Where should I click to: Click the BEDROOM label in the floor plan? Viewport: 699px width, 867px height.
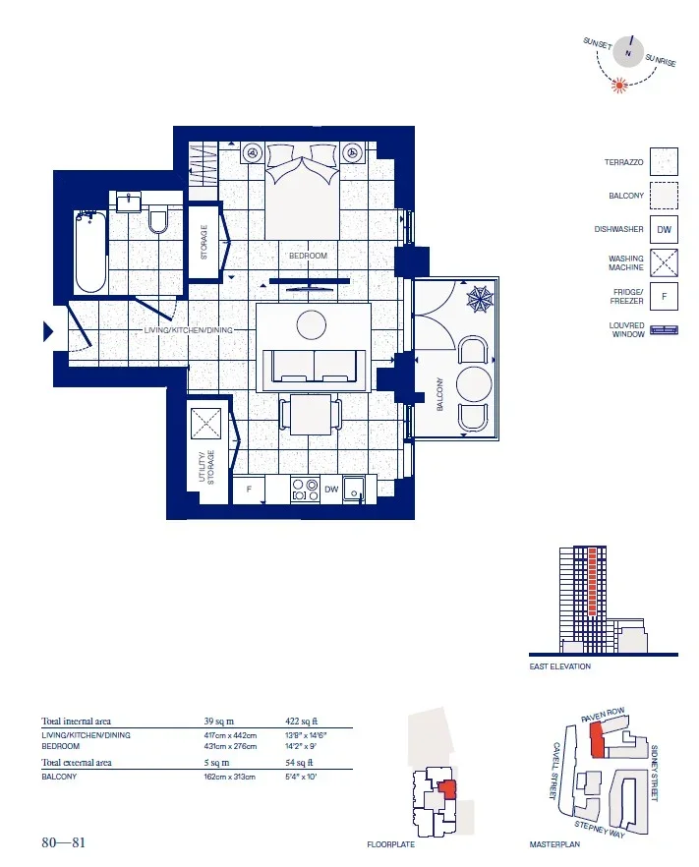click(x=308, y=256)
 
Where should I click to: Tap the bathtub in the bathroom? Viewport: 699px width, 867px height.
click(x=90, y=252)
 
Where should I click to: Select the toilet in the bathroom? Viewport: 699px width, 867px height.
click(x=158, y=220)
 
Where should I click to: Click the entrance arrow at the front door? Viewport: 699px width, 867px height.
click(x=48, y=332)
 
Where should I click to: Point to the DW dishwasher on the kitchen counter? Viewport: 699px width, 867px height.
click(x=331, y=490)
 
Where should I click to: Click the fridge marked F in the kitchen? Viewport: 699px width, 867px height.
click(x=249, y=490)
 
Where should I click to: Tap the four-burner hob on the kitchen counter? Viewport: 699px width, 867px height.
click(x=305, y=490)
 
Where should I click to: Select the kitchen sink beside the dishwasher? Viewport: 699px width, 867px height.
click(x=353, y=490)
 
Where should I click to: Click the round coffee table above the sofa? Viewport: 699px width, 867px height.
click(x=312, y=325)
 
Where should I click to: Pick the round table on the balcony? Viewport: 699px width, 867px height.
click(x=474, y=383)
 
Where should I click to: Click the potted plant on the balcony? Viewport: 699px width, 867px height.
click(x=479, y=299)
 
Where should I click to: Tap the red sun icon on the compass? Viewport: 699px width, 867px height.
click(x=619, y=85)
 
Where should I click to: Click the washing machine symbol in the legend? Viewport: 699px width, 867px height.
click(x=664, y=262)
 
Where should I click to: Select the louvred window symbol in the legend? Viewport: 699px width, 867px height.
click(x=664, y=330)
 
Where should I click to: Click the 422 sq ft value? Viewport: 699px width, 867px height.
click(x=302, y=722)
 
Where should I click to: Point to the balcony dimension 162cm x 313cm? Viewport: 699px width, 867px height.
click(x=229, y=777)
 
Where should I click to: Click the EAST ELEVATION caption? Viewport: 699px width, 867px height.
click(x=559, y=666)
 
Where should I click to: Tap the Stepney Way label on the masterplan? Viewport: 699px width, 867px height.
click(x=600, y=829)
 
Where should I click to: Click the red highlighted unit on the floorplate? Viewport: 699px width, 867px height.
click(x=447, y=789)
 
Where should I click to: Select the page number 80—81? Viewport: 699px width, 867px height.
click(x=64, y=842)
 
